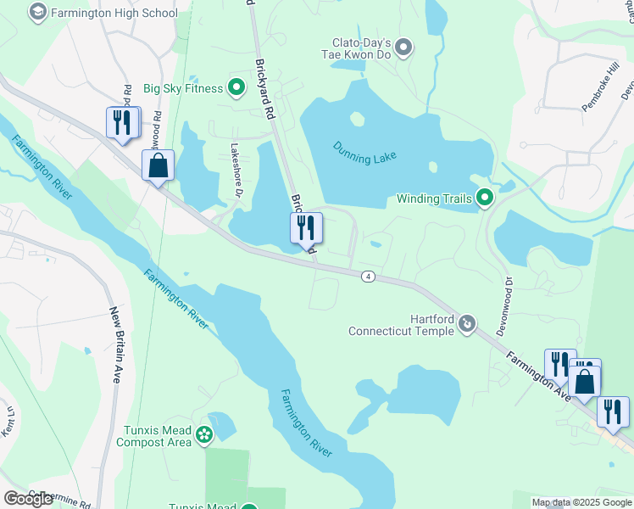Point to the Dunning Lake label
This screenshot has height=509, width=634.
pyautogui.click(x=364, y=151)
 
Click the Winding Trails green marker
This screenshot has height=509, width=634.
pyautogui.click(x=485, y=199)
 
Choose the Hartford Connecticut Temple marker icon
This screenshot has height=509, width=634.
pyautogui.click(x=466, y=323)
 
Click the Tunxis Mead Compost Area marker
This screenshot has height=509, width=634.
pyautogui.click(x=203, y=435)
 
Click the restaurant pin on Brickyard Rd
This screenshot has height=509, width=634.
pyautogui.click(x=306, y=227)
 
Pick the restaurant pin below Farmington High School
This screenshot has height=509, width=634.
pyautogui.click(x=123, y=122)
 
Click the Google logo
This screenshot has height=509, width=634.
pyautogui.click(x=28, y=499)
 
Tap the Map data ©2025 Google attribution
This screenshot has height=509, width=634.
pyautogui.click(x=581, y=502)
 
